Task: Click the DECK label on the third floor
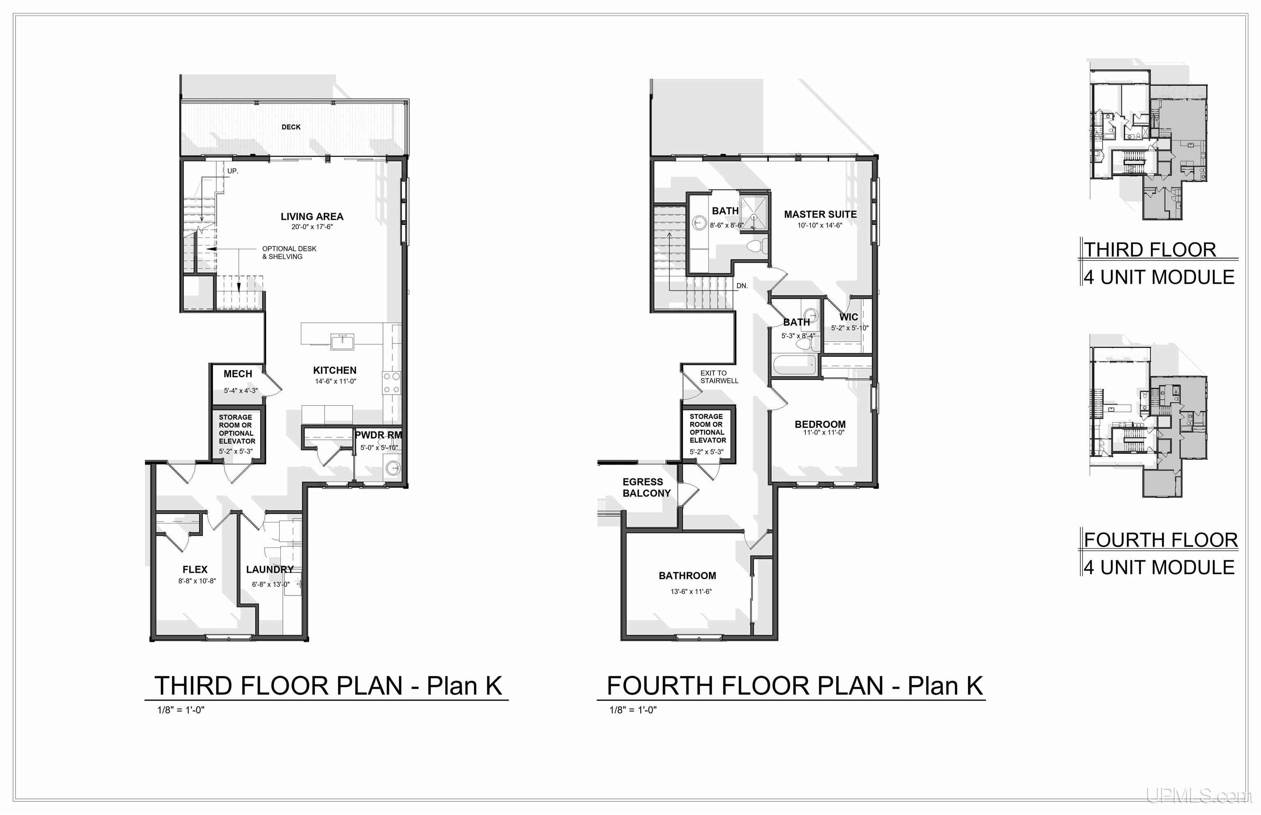291,127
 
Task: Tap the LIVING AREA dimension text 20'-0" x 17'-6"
312,227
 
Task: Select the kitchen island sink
342,342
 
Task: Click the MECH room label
238,374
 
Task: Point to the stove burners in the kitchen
392,383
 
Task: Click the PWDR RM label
378,435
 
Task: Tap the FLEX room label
195,569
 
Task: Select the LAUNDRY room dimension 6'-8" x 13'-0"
271,584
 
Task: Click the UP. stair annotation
232,171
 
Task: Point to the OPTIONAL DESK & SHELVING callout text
289,252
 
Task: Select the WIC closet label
848,317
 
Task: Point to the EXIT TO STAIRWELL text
719,377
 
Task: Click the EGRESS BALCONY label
646,487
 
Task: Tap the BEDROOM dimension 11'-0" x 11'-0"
823,432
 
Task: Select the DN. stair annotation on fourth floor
742,286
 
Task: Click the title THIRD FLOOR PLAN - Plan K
328,686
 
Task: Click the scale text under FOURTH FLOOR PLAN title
633,710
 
